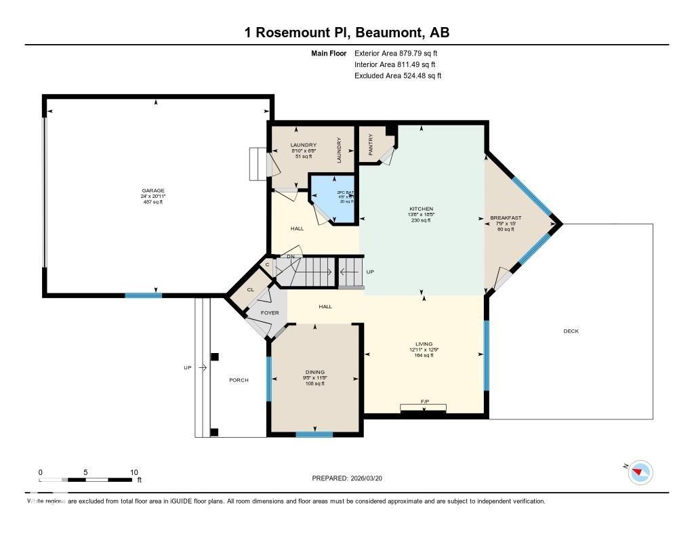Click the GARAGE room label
point(153,190)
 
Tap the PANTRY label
point(371,145)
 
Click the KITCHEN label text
point(421,209)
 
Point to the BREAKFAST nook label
point(506,218)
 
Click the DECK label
point(571,331)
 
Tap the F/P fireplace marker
point(424,403)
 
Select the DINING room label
point(314,372)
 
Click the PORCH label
point(239,380)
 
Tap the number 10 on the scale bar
point(134,472)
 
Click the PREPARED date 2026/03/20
point(351,478)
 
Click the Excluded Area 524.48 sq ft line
point(398,76)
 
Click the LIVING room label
point(424,344)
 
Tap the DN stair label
point(291,256)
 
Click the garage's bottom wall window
point(143,295)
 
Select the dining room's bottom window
point(314,434)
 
